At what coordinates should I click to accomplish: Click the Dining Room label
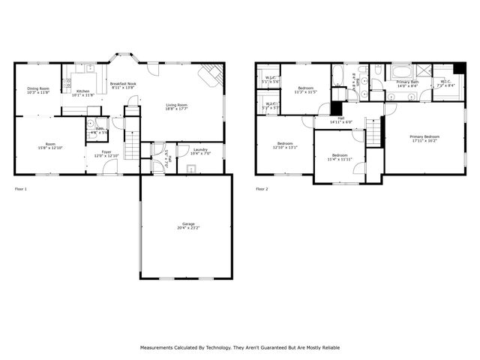point(38,91)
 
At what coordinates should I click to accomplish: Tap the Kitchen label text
point(82,93)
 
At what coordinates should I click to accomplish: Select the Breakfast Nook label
point(122,85)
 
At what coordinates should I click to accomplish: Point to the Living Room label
point(176,107)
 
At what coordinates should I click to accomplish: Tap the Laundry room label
point(200,151)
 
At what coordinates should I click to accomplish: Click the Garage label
point(188,226)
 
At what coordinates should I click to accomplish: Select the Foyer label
point(103,154)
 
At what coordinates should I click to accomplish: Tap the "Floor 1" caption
point(21,189)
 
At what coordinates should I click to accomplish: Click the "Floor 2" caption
point(262,189)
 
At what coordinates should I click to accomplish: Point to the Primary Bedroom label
point(424,138)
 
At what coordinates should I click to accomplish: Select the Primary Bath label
point(407,83)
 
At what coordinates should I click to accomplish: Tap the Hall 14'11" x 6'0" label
point(340,120)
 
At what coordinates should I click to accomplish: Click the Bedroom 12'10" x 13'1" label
point(285,145)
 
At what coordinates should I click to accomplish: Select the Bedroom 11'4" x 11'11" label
point(340,157)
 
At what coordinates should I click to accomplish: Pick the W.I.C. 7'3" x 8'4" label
point(445,84)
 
